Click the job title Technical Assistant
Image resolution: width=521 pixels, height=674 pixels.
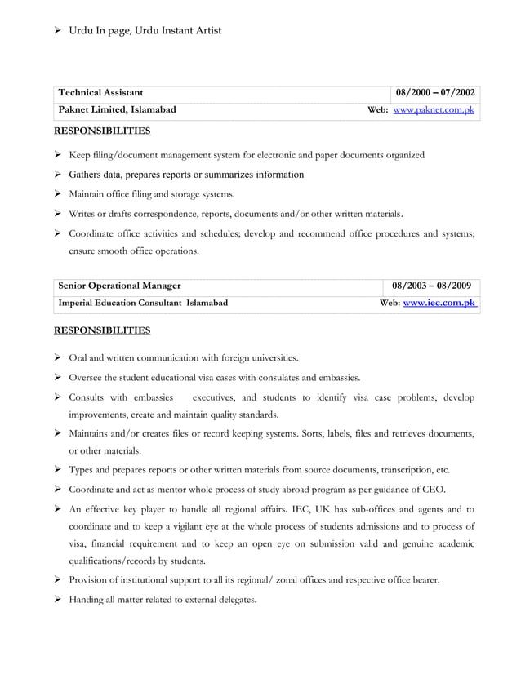tap(100, 93)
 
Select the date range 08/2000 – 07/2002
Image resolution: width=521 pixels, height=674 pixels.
tap(435, 93)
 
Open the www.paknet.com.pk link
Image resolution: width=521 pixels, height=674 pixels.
tap(434, 109)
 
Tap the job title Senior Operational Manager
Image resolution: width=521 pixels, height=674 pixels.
tap(120, 286)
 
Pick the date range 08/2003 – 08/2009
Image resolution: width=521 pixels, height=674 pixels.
tap(431, 286)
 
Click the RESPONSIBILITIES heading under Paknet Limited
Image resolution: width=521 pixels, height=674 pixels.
tap(102, 130)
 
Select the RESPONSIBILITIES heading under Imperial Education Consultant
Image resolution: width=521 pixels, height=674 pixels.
tap(102, 330)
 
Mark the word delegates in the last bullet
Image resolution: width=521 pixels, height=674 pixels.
tap(235, 600)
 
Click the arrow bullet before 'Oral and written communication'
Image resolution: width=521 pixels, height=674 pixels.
tap(59, 357)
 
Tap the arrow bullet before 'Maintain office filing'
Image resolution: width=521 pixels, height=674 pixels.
tap(59, 194)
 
